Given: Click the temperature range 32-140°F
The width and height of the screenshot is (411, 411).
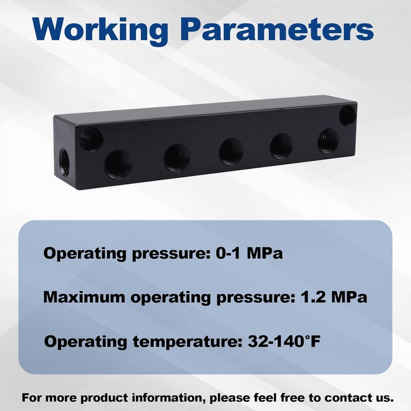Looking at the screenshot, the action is tap(284, 341).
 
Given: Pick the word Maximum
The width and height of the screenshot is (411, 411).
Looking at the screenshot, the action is tap(84, 297).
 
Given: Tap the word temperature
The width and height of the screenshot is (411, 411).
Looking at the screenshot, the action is tap(188, 342).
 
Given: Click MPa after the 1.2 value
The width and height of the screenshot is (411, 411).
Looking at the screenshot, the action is tap(349, 297).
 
